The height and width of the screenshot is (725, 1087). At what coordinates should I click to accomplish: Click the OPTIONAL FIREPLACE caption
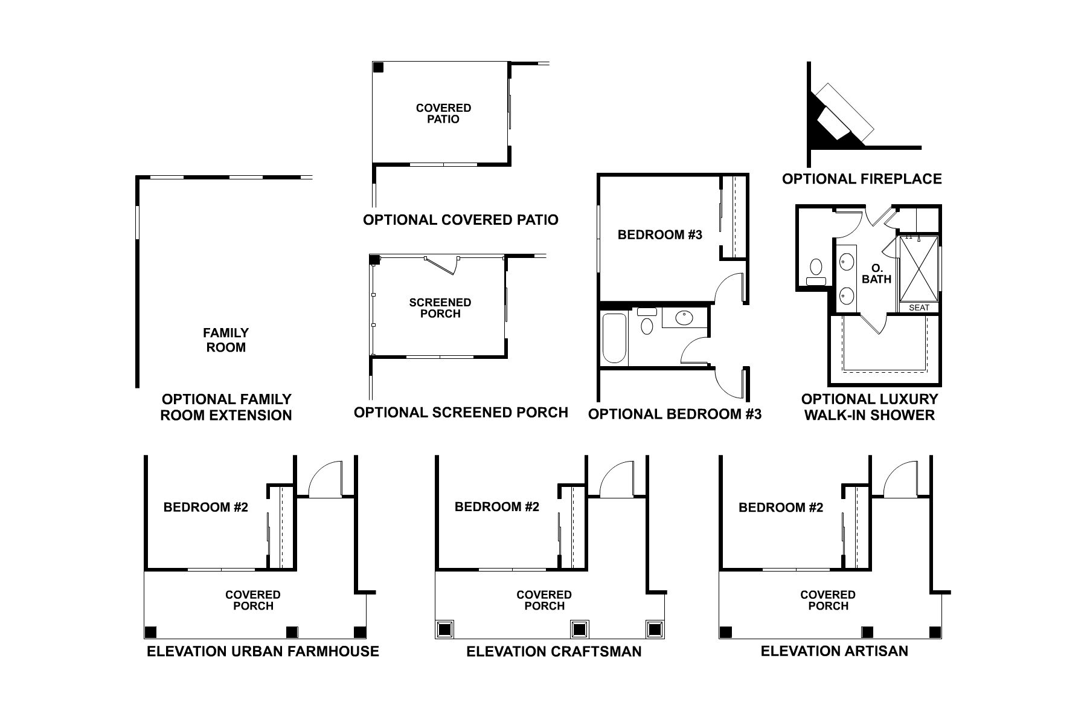coord(862,179)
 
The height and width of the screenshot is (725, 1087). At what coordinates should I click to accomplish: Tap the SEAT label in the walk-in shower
coord(919,308)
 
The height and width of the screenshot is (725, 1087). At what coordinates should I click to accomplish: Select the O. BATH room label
coord(876,274)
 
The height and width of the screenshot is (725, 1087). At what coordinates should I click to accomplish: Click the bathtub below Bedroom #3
coord(614,338)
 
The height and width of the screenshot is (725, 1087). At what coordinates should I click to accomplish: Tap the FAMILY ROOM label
coord(226,340)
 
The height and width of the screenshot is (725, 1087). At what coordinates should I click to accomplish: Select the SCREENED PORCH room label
coord(440,308)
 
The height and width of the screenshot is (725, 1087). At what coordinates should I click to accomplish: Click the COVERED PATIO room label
coord(443,114)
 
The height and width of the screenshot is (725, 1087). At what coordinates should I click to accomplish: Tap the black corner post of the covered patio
coord(378,67)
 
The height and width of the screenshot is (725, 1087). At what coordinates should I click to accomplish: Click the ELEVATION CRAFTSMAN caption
coord(554,651)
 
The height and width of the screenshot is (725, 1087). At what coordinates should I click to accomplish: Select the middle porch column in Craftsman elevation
coord(580,630)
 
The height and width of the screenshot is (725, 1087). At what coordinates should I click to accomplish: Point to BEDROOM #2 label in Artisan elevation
coord(780,507)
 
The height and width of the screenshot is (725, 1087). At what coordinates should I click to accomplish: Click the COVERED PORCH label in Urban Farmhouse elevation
coord(253,601)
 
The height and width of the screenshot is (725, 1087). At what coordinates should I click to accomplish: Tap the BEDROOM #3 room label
coord(659,235)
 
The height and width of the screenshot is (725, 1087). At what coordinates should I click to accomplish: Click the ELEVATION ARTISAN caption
coord(834,651)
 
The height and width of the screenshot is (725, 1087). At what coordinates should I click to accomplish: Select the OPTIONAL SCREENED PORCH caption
coord(461,413)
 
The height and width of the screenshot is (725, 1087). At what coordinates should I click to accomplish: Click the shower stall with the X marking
coord(919,269)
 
